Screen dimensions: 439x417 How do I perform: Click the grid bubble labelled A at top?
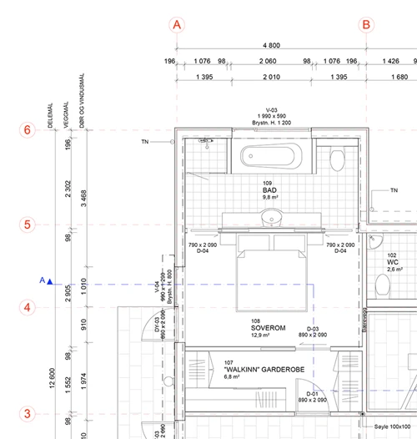pyautogui.click(x=177, y=25)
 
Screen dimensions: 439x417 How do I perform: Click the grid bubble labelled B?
pyautogui.click(x=366, y=25)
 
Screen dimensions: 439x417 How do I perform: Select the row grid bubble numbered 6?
pyautogui.click(x=27, y=130)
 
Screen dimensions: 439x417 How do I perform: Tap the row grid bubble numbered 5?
pyautogui.click(x=27, y=225)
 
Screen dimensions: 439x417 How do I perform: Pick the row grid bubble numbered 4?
pyautogui.click(x=27, y=307)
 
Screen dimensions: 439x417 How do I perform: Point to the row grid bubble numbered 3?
pyautogui.click(x=27, y=413)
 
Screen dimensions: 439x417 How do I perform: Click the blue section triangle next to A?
pyautogui.click(x=50, y=282)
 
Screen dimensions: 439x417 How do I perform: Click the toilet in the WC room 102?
pyautogui.click(x=384, y=287)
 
